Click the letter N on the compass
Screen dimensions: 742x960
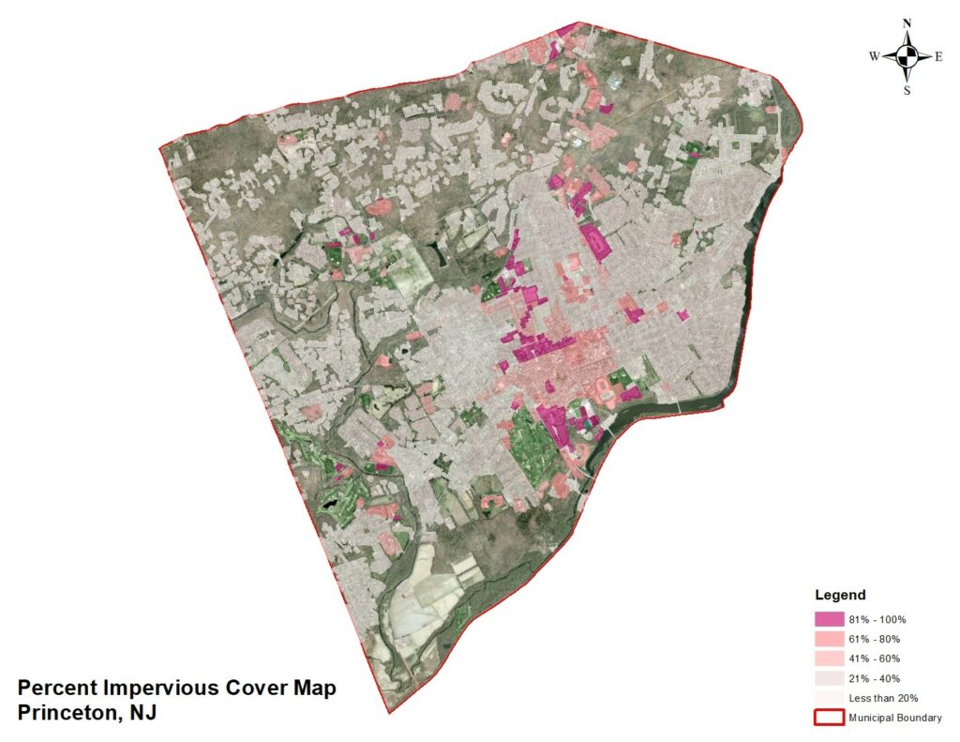(x=907, y=23)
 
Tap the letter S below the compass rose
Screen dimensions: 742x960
(x=907, y=90)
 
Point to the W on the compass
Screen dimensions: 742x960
(x=874, y=57)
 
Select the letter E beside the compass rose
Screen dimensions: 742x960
(x=938, y=57)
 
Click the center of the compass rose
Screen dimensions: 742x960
(x=907, y=56)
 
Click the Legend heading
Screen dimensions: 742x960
(x=840, y=595)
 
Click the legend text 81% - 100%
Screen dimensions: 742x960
(x=877, y=619)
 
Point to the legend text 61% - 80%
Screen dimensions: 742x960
(x=874, y=639)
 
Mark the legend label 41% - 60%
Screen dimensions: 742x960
(x=874, y=659)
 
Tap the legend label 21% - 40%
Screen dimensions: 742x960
(x=874, y=678)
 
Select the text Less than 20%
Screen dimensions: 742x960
(x=882, y=698)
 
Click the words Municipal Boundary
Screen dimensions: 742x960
(x=895, y=718)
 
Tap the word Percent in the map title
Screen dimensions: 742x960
(x=55, y=688)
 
